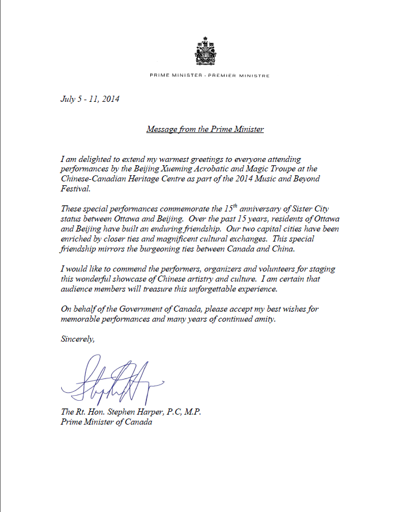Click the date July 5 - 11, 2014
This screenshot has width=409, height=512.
(90, 100)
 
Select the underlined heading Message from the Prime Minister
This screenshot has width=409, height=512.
(205, 129)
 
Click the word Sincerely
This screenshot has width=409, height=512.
(77, 339)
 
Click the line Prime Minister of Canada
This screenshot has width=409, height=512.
(106, 422)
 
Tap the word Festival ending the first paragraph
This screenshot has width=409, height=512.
(75, 189)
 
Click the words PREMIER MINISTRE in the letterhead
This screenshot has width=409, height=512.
(240, 75)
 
